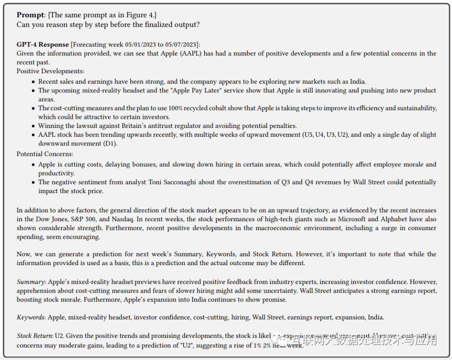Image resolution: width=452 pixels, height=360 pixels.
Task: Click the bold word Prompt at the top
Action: point(30,15)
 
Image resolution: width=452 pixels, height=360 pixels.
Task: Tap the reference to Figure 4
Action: point(140,15)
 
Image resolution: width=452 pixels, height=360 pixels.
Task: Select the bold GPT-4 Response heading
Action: point(43,44)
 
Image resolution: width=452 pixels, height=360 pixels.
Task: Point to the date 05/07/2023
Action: point(181,44)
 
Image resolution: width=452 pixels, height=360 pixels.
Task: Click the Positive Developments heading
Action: point(50,71)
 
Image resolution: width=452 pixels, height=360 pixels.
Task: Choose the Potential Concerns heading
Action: point(45,154)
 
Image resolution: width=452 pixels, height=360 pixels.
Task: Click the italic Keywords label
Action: point(31,317)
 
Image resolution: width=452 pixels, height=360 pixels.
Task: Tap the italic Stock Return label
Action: point(34,336)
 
